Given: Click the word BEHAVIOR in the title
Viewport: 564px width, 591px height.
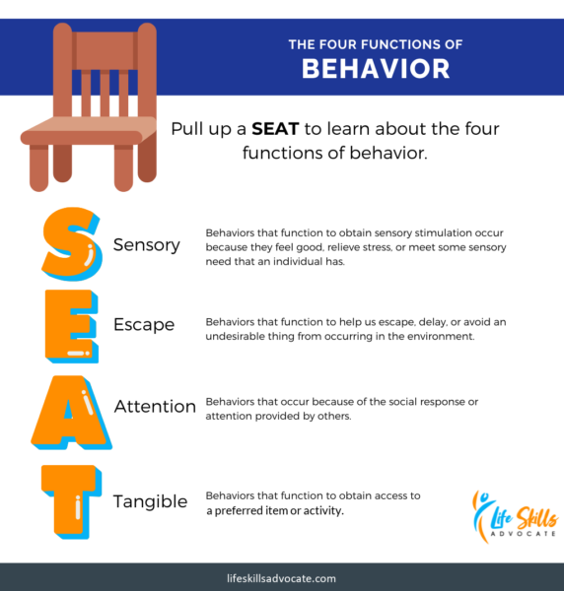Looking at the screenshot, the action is point(376,69).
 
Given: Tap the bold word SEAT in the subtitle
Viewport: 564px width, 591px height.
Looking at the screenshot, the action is point(275,129).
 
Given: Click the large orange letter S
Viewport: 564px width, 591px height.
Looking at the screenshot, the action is point(72,243).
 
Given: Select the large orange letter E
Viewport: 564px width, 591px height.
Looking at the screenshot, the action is point(72,326).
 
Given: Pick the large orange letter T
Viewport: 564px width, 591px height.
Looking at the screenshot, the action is point(71,501).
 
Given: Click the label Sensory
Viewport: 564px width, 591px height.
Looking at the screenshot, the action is point(147,245).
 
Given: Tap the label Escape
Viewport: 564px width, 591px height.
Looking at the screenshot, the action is point(144,325).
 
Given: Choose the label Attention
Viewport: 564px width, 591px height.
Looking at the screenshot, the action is point(155,406).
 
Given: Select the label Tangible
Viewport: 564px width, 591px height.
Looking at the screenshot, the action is point(151,502).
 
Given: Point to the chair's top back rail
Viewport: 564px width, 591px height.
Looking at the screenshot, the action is point(105,50).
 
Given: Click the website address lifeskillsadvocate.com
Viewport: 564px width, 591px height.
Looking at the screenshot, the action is point(281,578).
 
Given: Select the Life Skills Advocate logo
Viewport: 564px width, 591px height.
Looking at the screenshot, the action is point(515,516).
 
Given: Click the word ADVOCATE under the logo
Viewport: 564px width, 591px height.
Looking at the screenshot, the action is point(523,534).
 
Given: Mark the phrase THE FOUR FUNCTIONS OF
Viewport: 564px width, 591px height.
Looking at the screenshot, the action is point(376,44).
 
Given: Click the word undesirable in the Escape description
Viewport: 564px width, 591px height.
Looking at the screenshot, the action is point(235,336).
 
